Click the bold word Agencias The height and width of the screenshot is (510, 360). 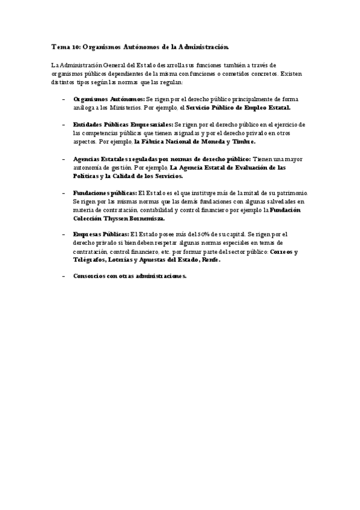88,159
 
